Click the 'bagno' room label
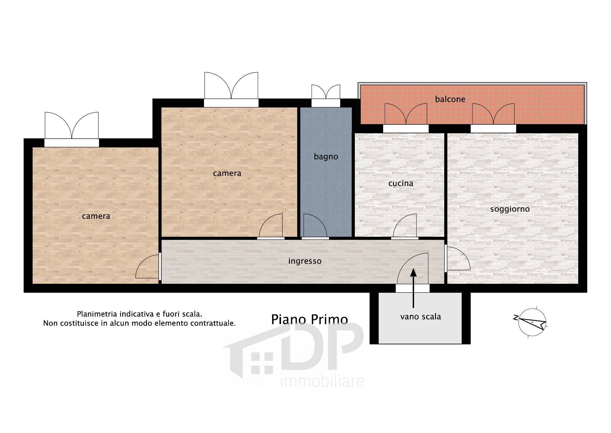point(326,157)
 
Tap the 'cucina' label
point(401,183)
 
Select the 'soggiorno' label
point(510,209)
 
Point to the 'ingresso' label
point(305,261)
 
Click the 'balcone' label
point(450,99)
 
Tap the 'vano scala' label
point(420,317)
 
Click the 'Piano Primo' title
point(309,319)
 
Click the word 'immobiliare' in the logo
point(322,381)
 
